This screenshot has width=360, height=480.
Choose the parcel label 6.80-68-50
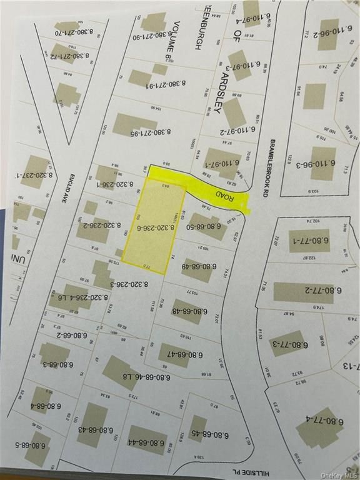[206, 226]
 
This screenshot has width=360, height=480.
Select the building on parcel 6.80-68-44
[147, 439]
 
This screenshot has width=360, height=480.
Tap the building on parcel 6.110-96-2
[327, 34]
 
